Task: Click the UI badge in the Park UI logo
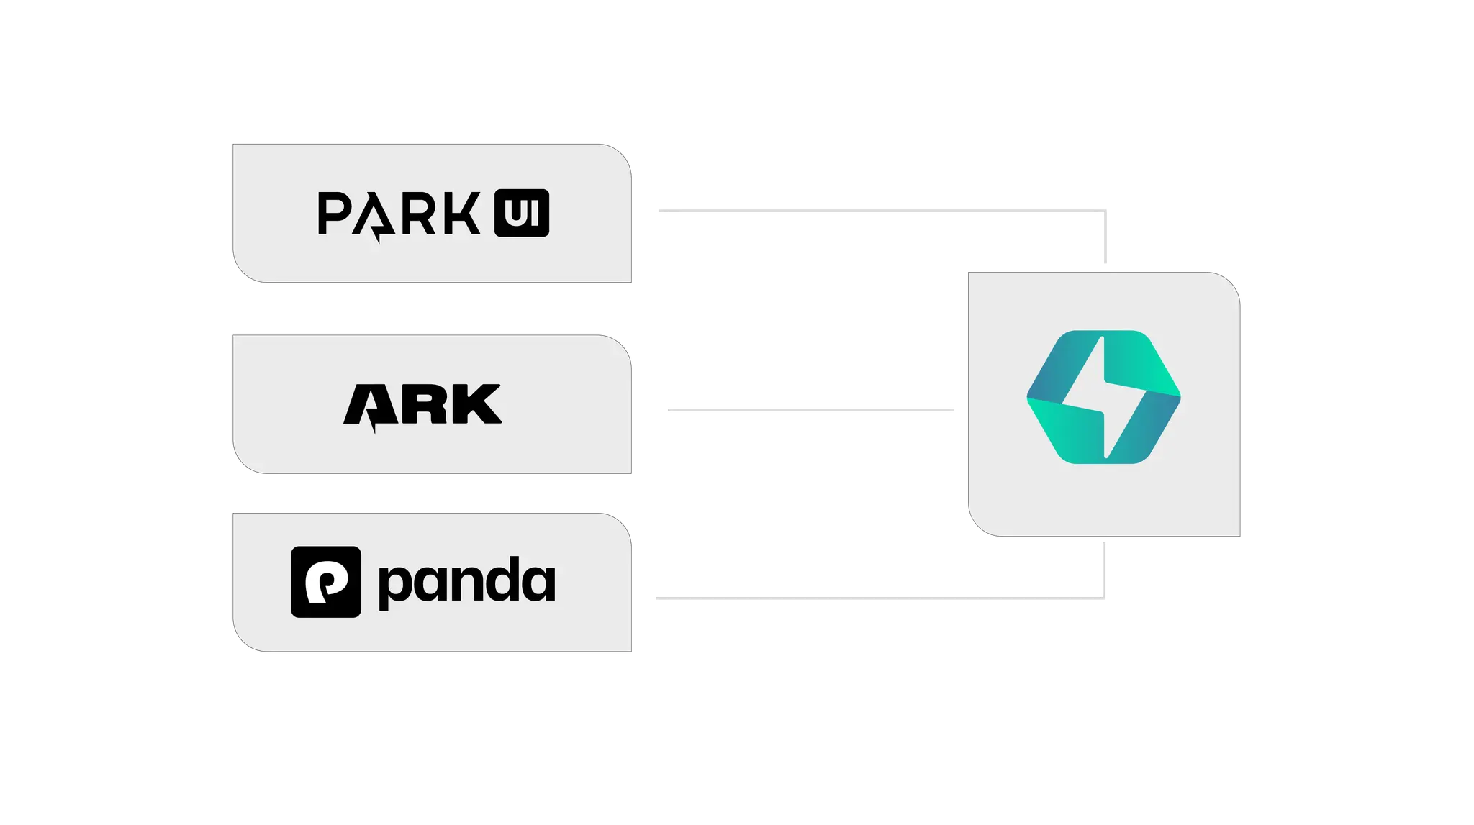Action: [521, 213]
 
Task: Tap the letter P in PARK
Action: [333, 213]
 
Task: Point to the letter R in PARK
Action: [416, 213]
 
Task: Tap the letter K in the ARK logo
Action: [478, 404]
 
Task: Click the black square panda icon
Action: [325, 582]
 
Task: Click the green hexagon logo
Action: [1152, 374]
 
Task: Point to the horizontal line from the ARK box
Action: [810, 410]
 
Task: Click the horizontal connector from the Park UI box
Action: [878, 211]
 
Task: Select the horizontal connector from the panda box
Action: [878, 598]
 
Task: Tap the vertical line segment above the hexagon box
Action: [1105, 237]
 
